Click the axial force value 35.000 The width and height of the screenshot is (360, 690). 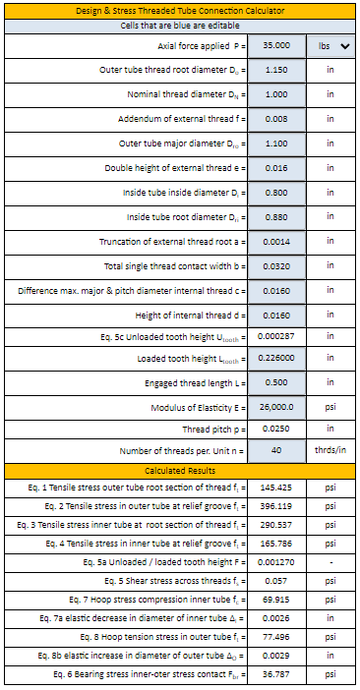tap(276, 46)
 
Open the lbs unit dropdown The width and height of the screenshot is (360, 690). tap(330, 46)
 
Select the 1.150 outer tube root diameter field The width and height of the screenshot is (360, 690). tap(276, 71)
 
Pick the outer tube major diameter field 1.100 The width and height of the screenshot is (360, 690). tap(276, 144)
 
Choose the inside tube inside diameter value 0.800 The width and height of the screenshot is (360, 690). tap(276, 193)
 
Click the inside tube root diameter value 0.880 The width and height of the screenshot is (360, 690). tap(276, 217)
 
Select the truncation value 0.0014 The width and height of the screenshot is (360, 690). tap(276, 242)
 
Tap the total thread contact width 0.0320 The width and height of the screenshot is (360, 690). tap(276, 266)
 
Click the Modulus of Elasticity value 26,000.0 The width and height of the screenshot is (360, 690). tap(276, 407)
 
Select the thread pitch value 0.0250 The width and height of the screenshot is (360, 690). tap(276, 430)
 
